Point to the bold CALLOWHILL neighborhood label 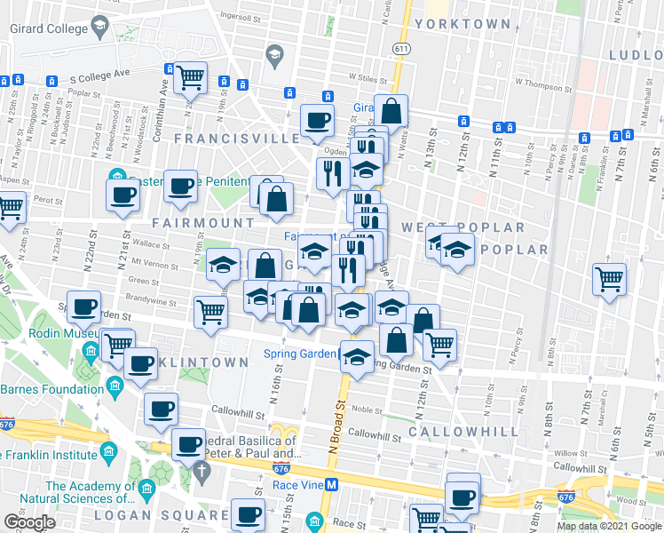[x=463, y=431]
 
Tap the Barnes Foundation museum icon [x=115, y=385]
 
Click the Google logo [x=29, y=522]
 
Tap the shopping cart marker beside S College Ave [x=190, y=78]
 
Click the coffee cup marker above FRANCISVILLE [x=317, y=120]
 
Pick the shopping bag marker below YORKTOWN [x=391, y=111]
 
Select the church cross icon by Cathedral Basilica [x=202, y=468]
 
